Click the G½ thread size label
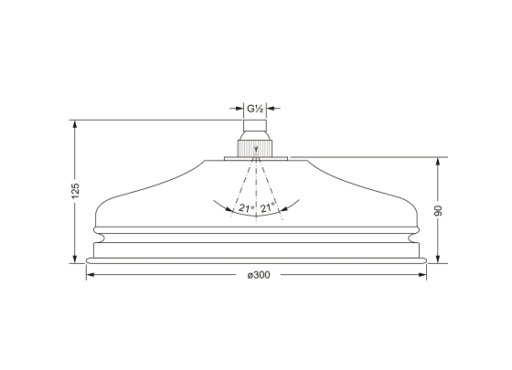(255, 109)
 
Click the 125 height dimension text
(75, 191)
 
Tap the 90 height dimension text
(438, 210)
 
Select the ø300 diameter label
(259, 275)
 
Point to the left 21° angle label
(247, 208)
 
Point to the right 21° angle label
(268, 207)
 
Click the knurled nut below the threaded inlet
(255, 148)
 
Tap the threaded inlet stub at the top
(255, 126)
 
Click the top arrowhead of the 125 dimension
(75, 124)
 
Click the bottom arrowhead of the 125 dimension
(75, 259)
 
